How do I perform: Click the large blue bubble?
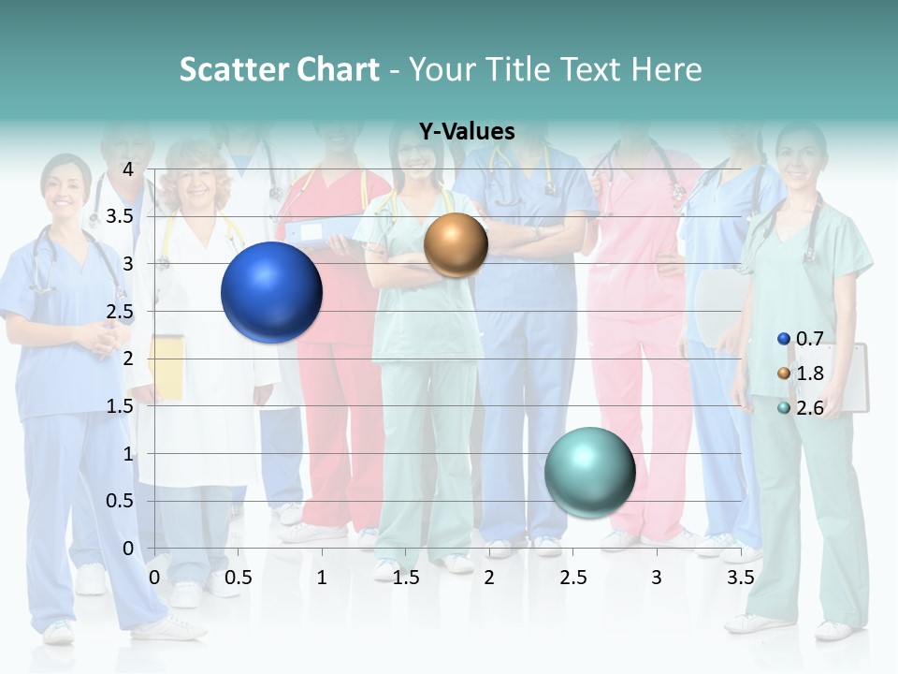pos(271,292)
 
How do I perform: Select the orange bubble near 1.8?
pos(456,245)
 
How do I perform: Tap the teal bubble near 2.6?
pos(589,472)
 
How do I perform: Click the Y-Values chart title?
pos(467,132)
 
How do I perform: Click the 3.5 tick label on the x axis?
pos(740,578)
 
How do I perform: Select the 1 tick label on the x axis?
pos(322,578)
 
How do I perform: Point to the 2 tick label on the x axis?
pos(489,578)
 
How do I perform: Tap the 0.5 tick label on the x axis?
pos(238,578)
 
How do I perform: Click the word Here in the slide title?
pos(666,69)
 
